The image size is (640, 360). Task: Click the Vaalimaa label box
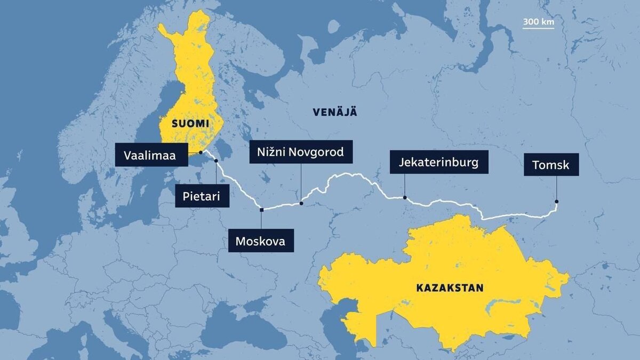[x=151, y=155]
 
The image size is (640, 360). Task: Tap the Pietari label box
[x=202, y=196]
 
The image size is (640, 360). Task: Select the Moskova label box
[x=260, y=241]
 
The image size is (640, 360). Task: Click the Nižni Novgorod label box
[x=301, y=152]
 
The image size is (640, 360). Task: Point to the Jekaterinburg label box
[x=439, y=162]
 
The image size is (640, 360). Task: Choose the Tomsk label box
[x=551, y=165]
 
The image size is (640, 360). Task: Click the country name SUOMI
[x=189, y=124]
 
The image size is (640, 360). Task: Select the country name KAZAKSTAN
[x=450, y=288]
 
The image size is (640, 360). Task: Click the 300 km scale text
[x=538, y=22]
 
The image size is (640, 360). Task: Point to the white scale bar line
[x=538, y=28]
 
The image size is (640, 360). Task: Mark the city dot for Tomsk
[x=557, y=202]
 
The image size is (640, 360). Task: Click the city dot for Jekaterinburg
[x=405, y=198]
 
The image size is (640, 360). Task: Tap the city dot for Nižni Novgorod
[x=301, y=203]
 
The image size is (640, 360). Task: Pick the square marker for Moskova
[x=261, y=210]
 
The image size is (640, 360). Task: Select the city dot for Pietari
[x=216, y=161]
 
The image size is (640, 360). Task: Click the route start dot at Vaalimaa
[x=201, y=152]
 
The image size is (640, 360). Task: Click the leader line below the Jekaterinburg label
[x=405, y=185]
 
